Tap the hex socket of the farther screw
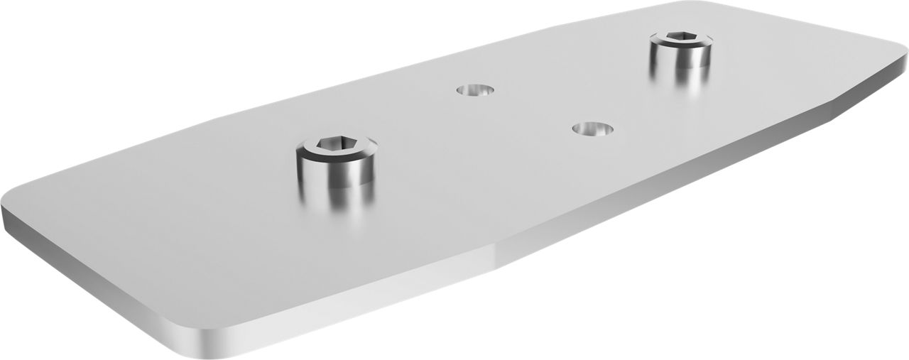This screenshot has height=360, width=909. point(679,39)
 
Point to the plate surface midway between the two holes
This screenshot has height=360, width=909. point(533,109)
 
